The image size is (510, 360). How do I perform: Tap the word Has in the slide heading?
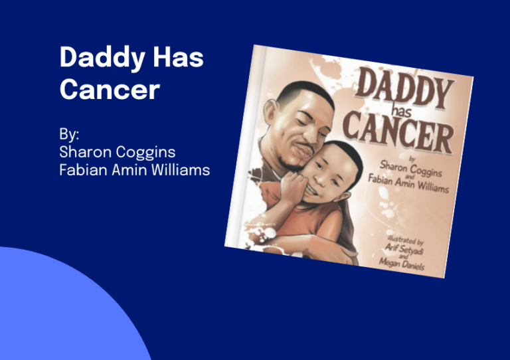click(178, 56)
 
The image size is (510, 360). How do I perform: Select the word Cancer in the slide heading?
click(110, 89)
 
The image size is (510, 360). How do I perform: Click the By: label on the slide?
click(69, 134)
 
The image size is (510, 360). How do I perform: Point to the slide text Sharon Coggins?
click(118, 152)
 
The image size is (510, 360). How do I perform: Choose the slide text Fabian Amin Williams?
click(134, 170)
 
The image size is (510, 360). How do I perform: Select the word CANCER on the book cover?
click(398, 132)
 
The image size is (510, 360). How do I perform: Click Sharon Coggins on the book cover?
click(411, 169)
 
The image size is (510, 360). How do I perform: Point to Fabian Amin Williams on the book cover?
click(408, 184)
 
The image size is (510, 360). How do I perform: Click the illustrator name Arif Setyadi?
click(404, 250)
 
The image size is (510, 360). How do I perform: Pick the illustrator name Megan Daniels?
click(402, 264)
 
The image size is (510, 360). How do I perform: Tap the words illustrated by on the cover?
click(405, 240)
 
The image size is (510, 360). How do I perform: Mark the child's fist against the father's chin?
click(294, 187)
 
